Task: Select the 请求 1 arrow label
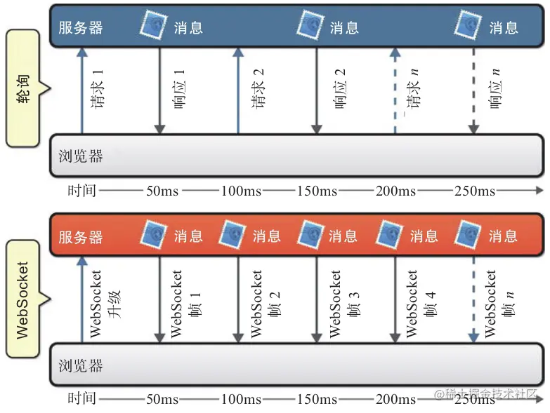97,89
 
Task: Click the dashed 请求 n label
412,89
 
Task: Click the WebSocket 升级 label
105,304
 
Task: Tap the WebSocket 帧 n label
499,304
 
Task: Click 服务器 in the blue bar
80,27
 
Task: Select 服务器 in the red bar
80,237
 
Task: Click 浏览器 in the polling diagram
80,156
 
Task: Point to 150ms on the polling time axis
317,191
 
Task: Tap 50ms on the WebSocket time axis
162,399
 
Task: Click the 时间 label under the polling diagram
81,191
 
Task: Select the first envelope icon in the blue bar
153,23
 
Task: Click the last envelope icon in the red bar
468,233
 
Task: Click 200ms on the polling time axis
395,191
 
